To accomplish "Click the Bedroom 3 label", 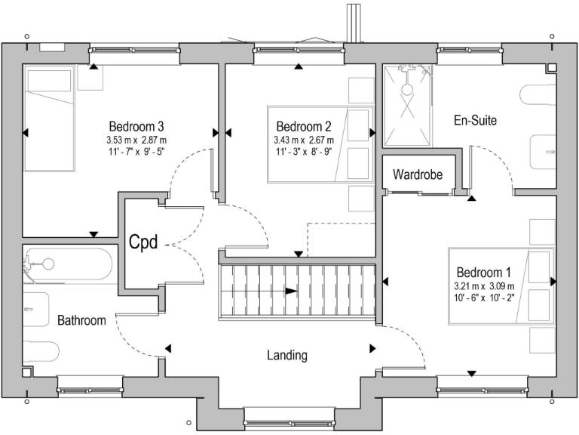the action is coord(136,127).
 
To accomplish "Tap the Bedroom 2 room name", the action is coord(304,127).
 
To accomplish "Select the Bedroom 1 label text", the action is coord(484,273).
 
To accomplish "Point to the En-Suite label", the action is coord(475,120).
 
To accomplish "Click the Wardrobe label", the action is coord(418,174).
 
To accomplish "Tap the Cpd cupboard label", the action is coord(144,242).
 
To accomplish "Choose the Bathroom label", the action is coord(81,320).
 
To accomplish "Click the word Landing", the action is coord(287,356).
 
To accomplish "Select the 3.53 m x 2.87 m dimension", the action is coord(136,140).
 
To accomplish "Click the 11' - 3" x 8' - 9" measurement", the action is coord(304,152).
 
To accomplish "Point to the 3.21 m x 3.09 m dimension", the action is coord(484,286).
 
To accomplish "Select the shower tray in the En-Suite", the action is coord(407,106).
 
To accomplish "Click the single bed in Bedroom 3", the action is coord(49,119).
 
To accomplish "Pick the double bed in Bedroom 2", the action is coord(320,144).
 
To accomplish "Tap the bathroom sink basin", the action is coord(36,309).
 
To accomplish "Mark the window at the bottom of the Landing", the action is coord(289,422).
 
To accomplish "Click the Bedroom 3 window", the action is coord(134,50).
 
